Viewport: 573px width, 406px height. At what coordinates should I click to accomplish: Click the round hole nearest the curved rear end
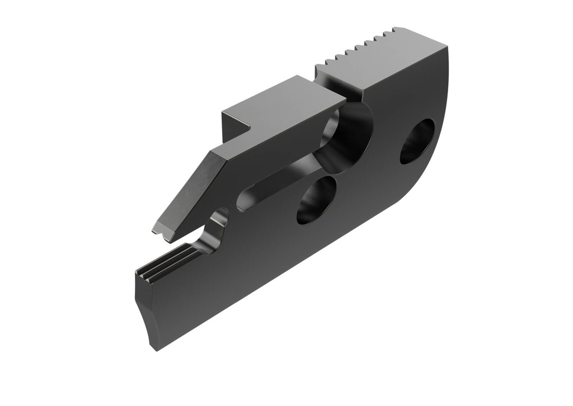click(417, 141)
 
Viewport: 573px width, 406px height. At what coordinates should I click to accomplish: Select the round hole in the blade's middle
click(316, 200)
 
